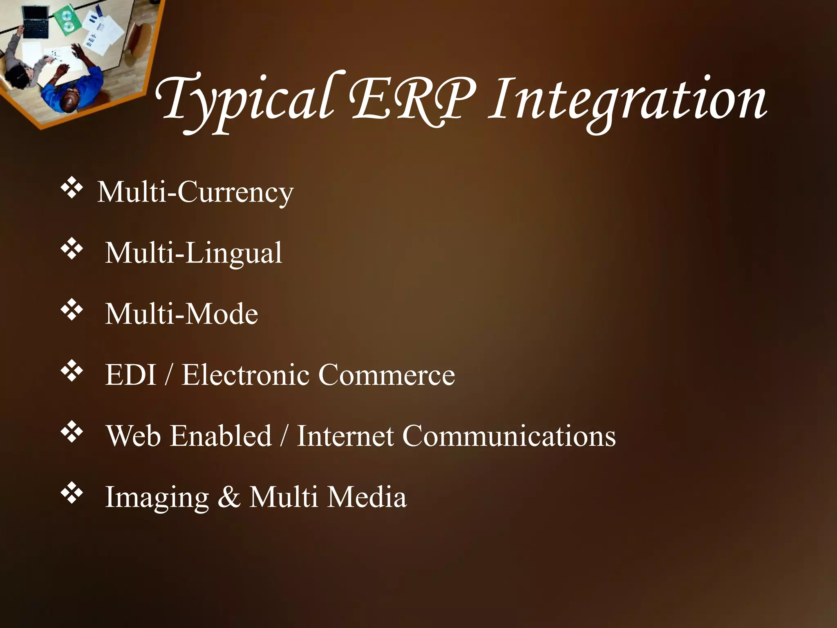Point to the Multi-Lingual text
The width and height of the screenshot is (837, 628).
[194, 253]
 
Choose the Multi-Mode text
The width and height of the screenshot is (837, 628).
[181, 314]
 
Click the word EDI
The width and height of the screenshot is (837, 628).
[131, 375]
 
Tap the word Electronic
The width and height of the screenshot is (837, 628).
[246, 375]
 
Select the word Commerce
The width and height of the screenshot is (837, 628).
[387, 375]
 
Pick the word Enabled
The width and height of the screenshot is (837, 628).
[221, 436]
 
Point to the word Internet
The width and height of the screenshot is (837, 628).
[345, 436]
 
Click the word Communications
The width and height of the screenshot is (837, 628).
[509, 436]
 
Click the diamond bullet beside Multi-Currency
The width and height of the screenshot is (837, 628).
[72, 189]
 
